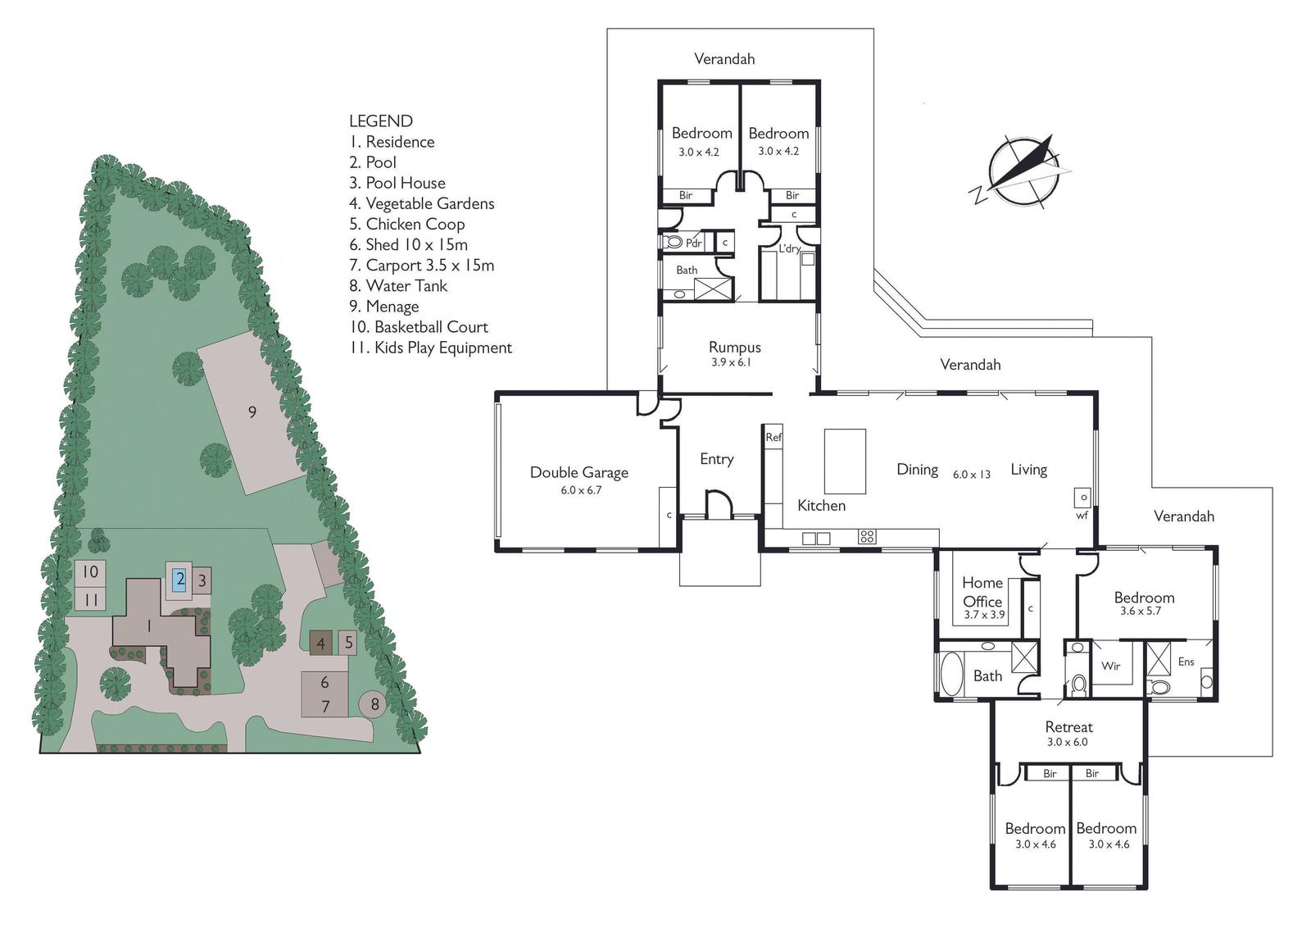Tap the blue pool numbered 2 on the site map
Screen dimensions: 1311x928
pyautogui.click(x=179, y=580)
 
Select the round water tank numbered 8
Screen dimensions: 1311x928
pyautogui.click(x=374, y=703)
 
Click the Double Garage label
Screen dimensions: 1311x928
pyautogui.click(x=578, y=472)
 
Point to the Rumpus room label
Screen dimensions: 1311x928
pyautogui.click(x=734, y=347)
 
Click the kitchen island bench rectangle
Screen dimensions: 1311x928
pyautogui.click(x=845, y=462)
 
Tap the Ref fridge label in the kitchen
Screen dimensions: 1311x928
pyautogui.click(x=773, y=437)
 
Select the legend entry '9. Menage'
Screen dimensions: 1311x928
pyautogui.click(x=384, y=307)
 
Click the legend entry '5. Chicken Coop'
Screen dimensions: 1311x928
pyautogui.click(x=406, y=224)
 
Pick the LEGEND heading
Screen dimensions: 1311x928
pyautogui.click(x=381, y=121)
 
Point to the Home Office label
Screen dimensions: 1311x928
pyautogui.click(x=982, y=592)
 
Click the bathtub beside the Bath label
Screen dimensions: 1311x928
pyautogui.click(x=951, y=674)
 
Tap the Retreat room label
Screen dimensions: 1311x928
pyautogui.click(x=1068, y=727)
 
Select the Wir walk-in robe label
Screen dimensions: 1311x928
pyautogui.click(x=1110, y=666)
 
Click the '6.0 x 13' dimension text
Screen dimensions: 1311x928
pyautogui.click(x=972, y=474)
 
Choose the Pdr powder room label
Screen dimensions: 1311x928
pyautogui.click(x=693, y=243)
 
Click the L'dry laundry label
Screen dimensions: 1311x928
pyautogui.click(x=790, y=248)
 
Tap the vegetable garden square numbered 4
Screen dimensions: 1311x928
pyautogui.click(x=320, y=644)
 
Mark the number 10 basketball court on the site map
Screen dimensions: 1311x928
pyautogui.click(x=90, y=571)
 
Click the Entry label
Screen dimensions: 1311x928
pyautogui.click(x=717, y=460)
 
